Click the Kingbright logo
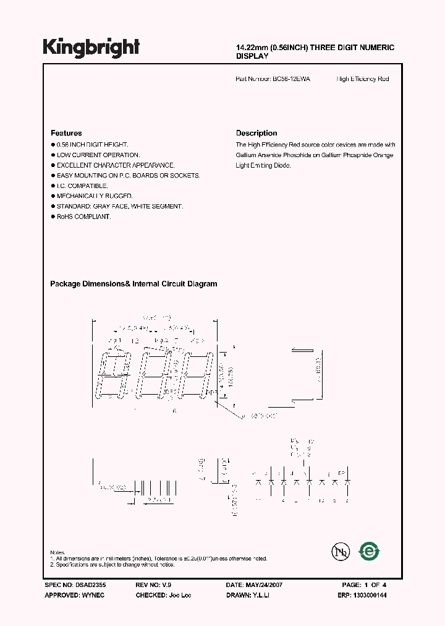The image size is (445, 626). [x=91, y=47]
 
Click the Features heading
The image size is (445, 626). [x=66, y=133]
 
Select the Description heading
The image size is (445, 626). [x=256, y=133]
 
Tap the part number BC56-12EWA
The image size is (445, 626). [x=290, y=79]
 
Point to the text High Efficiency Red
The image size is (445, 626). [x=363, y=79]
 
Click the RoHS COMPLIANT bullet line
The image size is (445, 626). [x=83, y=217]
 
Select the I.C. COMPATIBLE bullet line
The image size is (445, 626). [x=82, y=186]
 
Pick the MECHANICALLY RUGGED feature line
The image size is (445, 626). [x=95, y=196]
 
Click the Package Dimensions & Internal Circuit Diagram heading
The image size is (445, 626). [x=133, y=284]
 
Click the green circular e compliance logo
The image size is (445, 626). [x=370, y=551]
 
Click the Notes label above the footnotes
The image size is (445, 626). [x=57, y=552]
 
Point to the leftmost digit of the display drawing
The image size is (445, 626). [x=114, y=377]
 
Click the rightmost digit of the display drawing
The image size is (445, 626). [x=200, y=377]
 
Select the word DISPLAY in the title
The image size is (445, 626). [x=252, y=56]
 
